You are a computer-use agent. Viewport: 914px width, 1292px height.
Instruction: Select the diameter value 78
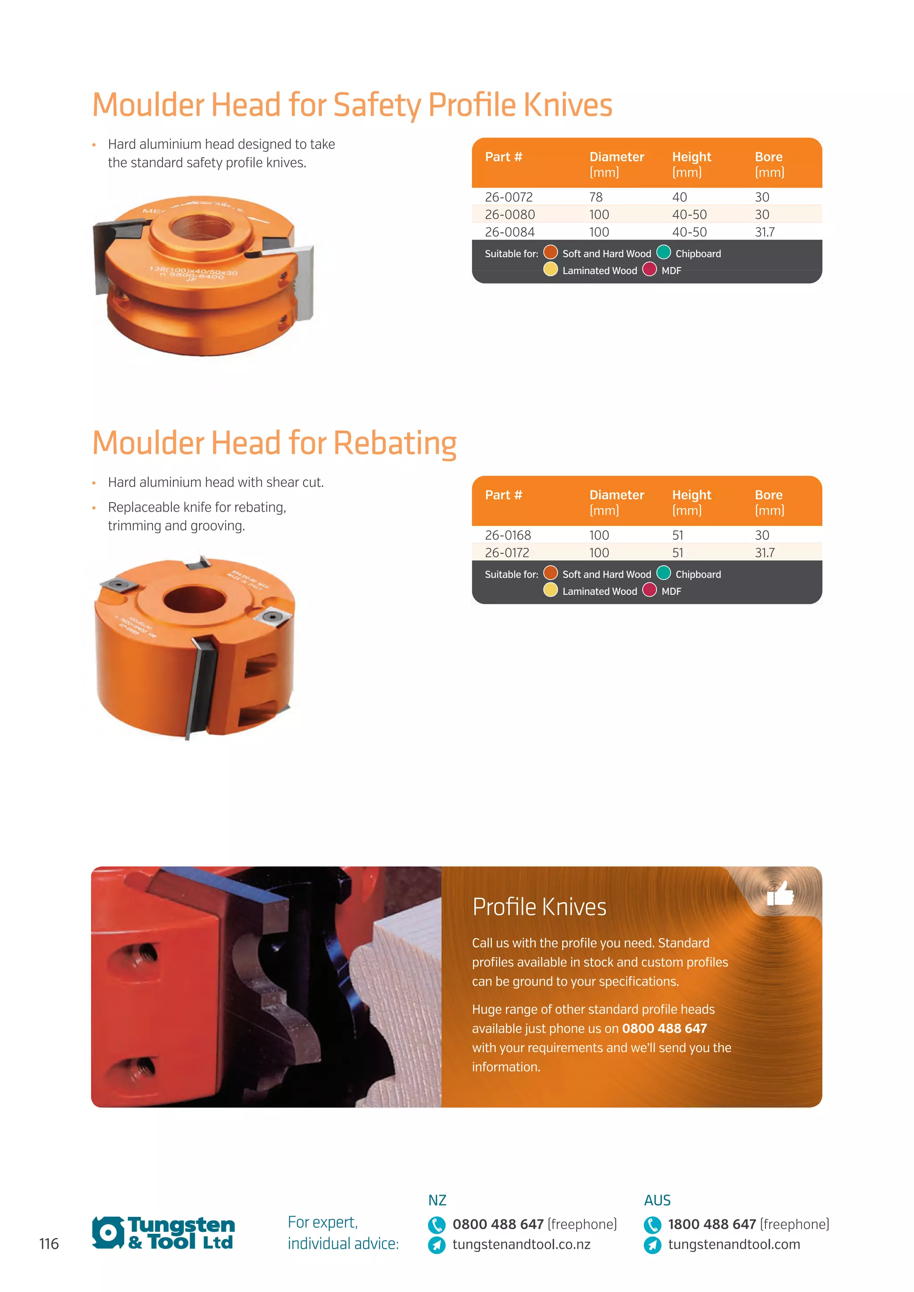tap(595, 197)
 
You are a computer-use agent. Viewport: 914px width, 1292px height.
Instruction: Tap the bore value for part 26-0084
tap(764, 232)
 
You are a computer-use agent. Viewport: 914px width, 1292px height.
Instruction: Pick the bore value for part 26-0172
tap(764, 552)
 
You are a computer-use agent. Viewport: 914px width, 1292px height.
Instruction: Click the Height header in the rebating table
tap(691, 495)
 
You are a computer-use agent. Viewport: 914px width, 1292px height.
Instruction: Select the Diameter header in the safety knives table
tap(616, 157)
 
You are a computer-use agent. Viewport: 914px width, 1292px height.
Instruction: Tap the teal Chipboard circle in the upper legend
tap(664, 252)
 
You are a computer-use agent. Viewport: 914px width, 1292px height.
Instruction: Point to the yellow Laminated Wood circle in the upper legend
tap(550, 269)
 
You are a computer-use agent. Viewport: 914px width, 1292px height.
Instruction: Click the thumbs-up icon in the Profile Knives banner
tap(780, 893)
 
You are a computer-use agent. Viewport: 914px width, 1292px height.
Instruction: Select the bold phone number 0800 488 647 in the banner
tap(664, 1029)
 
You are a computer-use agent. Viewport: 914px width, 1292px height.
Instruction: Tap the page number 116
tap(49, 1244)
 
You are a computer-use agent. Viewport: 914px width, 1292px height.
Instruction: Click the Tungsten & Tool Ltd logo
tap(163, 1233)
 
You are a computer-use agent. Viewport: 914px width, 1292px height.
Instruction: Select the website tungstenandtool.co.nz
tap(521, 1244)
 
